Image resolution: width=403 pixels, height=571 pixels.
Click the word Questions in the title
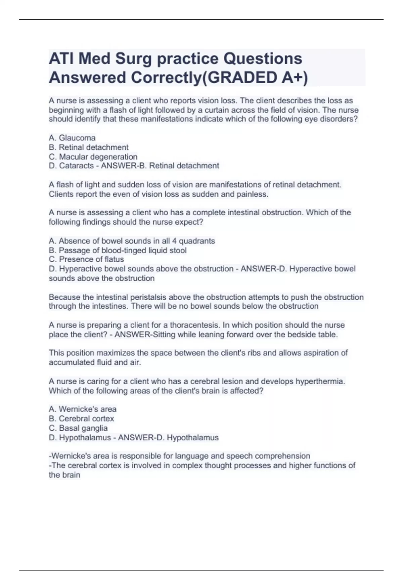tap(263, 59)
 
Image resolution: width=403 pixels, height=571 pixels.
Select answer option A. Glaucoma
tap(72, 138)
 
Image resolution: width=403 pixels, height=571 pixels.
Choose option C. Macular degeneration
tap(93, 157)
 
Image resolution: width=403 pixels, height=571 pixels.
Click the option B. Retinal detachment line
tap(89, 147)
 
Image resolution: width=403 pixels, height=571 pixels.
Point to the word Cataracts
tap(76, 166)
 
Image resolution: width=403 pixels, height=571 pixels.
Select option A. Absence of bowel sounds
tap(132, 241)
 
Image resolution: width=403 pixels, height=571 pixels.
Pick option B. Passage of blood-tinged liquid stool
tap(118, 250)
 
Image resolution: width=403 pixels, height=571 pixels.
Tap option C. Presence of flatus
tap(86, 259)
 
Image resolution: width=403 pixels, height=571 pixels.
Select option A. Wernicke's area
tap(83, 409)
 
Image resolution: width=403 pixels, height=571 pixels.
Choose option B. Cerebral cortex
tap(81, 419)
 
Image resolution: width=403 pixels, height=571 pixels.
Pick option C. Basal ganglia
tap(78, 428)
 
